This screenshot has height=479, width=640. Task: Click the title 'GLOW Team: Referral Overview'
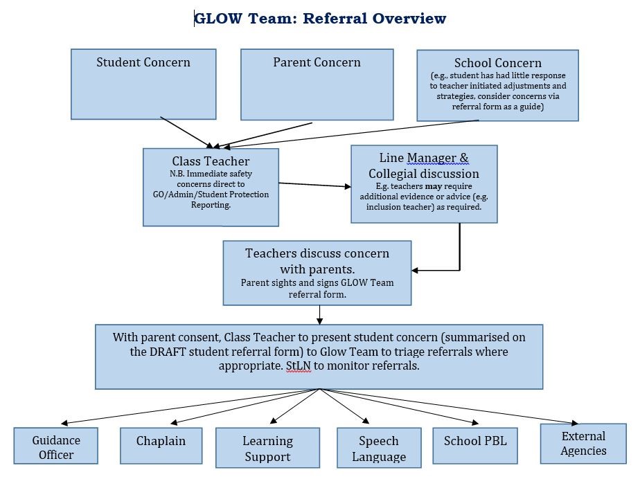[x=320, y=19]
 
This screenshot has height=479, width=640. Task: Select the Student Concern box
[x=143, y=84]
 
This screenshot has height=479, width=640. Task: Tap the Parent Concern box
[x=317, y=84]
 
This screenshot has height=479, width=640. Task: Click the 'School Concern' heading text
[x=497, y=63]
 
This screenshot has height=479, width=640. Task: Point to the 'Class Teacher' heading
[x=211, y=161]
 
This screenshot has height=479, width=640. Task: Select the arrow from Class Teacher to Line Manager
[x=314, y=185]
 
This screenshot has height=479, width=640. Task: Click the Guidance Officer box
[x=56, y=447]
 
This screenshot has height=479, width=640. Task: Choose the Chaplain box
[x=161, y=445]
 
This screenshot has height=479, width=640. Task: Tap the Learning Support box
[x=267, y=449]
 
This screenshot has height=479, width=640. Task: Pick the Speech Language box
[x=378, y=449]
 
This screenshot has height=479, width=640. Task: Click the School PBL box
[x=475, y=445]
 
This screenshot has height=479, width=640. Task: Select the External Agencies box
[x=583, y=443]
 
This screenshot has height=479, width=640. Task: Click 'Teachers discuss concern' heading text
[x=317, y=253]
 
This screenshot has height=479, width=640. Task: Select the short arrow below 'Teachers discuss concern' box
[x=319, y=315]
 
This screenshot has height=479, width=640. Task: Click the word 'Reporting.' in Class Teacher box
[x=211, y=205]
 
